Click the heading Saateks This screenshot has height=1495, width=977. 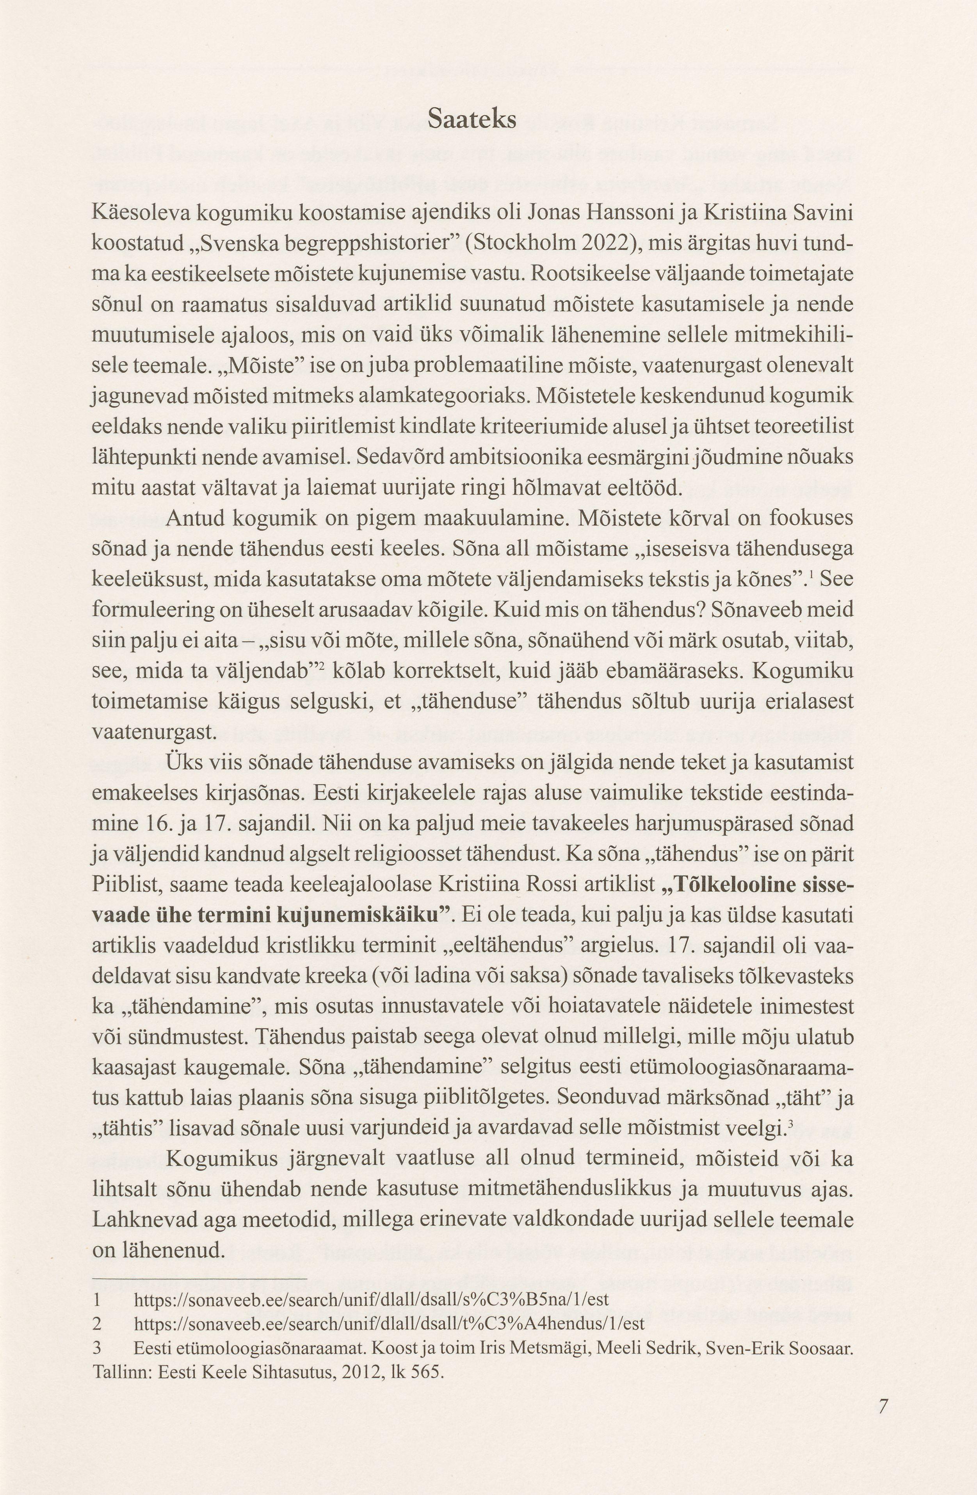pos(472,119)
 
